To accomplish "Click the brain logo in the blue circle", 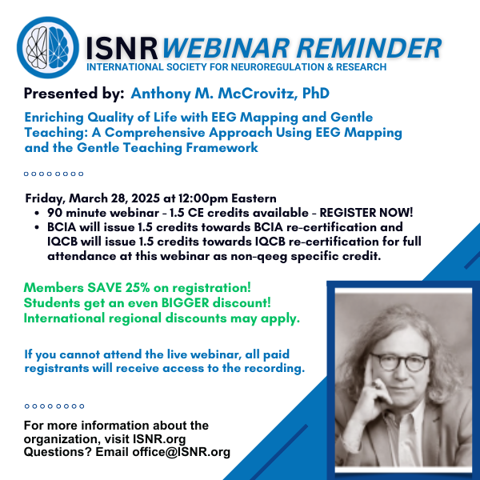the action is [x=48, y=47].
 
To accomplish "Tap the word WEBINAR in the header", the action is [x=226, y=48].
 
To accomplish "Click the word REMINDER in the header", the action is [x=369, y=48].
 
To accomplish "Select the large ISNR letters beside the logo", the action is [x=122, y=48].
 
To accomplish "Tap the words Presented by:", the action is [x=74, y=94].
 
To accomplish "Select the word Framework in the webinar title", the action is [x=222, y=147].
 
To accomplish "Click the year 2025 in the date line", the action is [x=146, y=198].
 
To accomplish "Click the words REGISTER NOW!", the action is [x=366, y=213].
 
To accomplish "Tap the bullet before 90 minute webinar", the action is [x=37, y=213].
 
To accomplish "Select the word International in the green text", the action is [x=64, y=318].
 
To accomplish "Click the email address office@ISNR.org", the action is [x=182, y=452].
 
